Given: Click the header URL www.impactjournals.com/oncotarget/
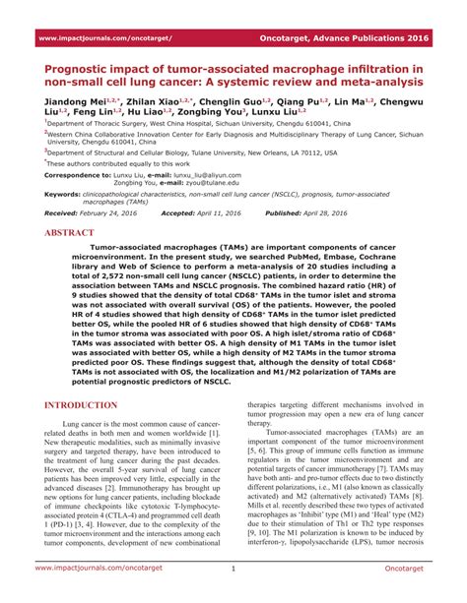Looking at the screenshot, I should (103, 39).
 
